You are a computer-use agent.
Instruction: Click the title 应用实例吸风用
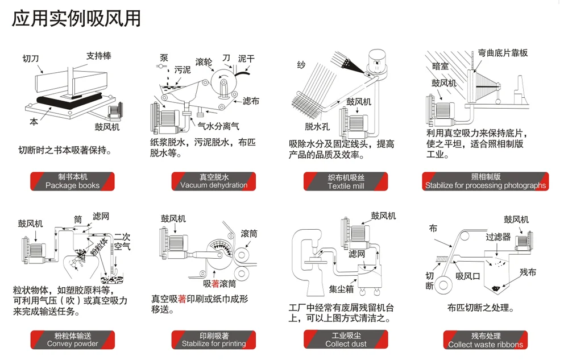tap(76, 18)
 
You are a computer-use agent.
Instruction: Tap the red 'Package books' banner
tap(72, 181)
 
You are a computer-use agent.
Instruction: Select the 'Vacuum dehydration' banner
tap(214, 181)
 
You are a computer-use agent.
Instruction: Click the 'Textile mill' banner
tap(346, 181)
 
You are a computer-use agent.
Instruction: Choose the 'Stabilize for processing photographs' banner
tap(486, 181)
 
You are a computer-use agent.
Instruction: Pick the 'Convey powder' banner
tap(72, 340)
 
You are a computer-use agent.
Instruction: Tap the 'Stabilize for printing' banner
tap(214, 340)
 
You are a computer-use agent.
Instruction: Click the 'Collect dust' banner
tap(346, 340)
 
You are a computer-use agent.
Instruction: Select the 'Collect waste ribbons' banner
tap(486, 340)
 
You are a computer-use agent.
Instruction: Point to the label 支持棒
tap(98, 56)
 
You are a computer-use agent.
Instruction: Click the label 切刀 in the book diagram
tap(31, 59)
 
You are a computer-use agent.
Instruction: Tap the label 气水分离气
tap(218, 126)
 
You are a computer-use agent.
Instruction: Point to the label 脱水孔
tap(317, 126)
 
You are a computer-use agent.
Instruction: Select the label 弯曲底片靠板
tap(503, 53)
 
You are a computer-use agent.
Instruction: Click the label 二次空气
tap(122, 242)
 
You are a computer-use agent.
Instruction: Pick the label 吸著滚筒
tap(219, 284)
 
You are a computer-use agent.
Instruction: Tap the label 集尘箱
tap(341, 289)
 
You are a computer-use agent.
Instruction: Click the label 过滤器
tap(498, 237)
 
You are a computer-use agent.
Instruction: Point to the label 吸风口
tap(468, 276)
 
